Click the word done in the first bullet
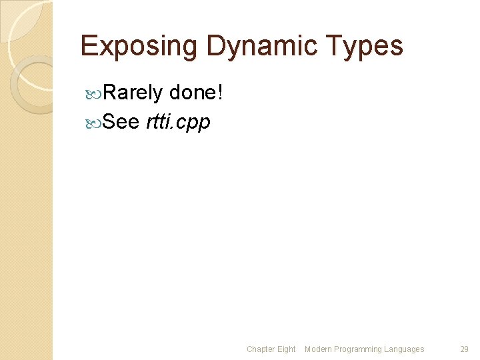click(192, 93)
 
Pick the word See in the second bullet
click(121, 122)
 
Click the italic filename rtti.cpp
click(178, 123)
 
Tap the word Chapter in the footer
click(261, 349)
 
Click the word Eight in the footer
click(287, 349)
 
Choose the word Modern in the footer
click(319, 349)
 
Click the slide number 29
click(465, 349)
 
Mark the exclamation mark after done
click(219, 93)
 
